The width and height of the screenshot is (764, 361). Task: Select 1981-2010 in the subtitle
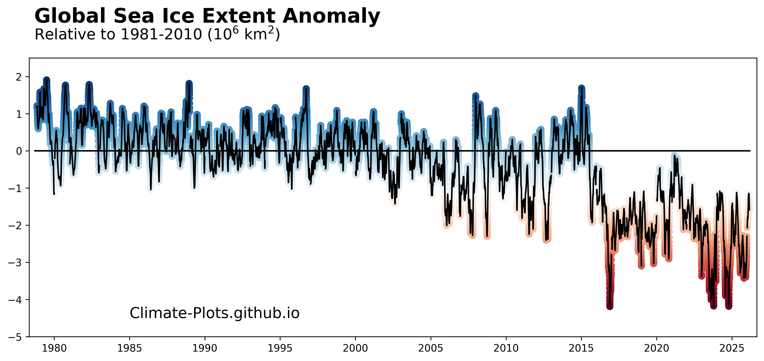(161, 35)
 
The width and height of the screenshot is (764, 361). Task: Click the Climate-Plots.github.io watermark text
(215, 313)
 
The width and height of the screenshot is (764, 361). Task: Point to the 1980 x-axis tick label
(54, 348)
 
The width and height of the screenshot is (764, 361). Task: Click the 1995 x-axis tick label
(280, 348)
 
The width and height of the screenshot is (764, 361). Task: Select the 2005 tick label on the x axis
(431, 348)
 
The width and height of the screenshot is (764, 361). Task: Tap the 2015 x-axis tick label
(581, 348)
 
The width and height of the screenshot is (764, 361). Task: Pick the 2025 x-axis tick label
(732, 348)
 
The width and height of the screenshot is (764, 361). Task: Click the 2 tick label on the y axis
(19, 77)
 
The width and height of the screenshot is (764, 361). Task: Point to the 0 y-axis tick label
(19, 151)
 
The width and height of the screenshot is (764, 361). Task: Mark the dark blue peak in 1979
(46, 80)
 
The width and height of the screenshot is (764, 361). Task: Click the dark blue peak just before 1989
(189, 84)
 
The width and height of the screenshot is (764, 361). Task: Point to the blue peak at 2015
(581, 88)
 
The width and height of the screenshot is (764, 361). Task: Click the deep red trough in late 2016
(610, 306)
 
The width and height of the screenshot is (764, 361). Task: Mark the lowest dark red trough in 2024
(728, 306)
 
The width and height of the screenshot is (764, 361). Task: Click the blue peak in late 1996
(306, 89)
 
